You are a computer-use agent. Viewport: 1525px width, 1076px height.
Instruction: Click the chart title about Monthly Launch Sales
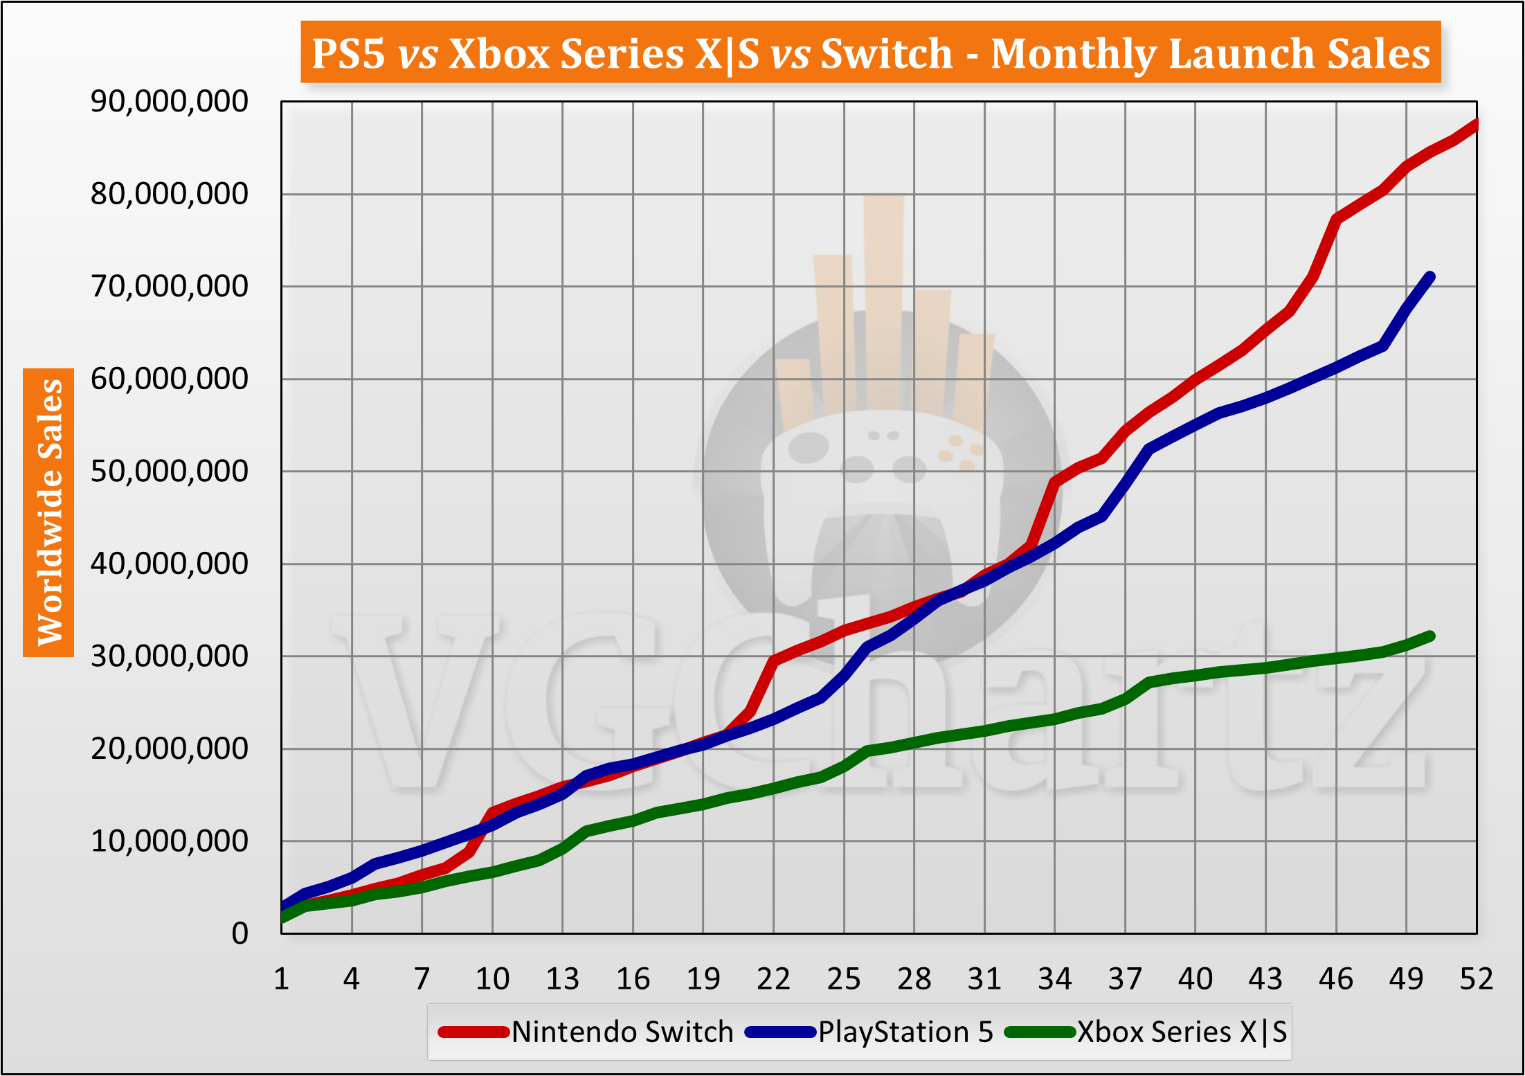[x=870, y=53]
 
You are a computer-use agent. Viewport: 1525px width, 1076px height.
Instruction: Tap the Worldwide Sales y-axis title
[x=49, y=512]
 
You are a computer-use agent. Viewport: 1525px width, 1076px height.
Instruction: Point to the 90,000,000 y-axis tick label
[x=169, y=102]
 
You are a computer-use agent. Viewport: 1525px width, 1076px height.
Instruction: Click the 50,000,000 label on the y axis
[x=169, y=472]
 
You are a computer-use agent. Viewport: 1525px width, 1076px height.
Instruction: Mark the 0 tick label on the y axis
[x=240, y=933]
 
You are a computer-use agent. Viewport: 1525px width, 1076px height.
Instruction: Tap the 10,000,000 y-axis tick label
[x=169, y=841]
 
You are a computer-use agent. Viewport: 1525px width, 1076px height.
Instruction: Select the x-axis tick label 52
[x=1476, y=979]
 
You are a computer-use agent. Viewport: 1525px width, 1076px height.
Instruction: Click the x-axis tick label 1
[x=281, y=979]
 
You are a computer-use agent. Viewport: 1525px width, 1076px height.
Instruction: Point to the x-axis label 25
[x=843, y=979]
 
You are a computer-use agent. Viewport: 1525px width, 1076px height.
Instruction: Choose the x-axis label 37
[x=1125, y=979]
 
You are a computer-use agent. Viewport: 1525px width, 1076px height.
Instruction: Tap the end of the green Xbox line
[x=1429, y=636]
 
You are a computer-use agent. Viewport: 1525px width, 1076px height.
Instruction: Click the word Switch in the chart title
[x=887, y=53]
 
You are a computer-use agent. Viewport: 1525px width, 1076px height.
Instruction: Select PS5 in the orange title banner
[x=348, y=53]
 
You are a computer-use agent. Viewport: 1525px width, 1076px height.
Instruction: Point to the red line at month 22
[x=774, y=661]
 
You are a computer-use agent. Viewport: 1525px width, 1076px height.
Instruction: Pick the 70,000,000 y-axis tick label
[x=169, y=286]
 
